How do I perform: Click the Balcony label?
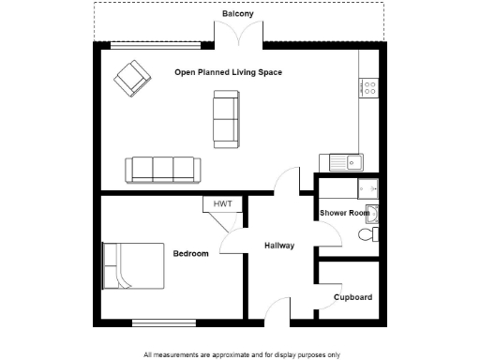tap(238, 13)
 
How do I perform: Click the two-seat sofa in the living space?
tap(225, 118)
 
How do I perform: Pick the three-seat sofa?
tap(162, 170)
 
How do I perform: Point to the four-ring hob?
tap(368, 90)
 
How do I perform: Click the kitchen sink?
tap(352, 162)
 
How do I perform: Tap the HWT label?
tap(222, 203)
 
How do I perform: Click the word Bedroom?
tap(190, 253)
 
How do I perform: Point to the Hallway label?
tap(278, 246)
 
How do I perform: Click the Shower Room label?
tap(345, 214)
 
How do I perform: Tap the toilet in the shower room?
tap(371, 233)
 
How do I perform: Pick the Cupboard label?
tap(353, 297)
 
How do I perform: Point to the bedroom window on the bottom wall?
tap(163, 322)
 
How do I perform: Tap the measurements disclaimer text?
tap(241, 354)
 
